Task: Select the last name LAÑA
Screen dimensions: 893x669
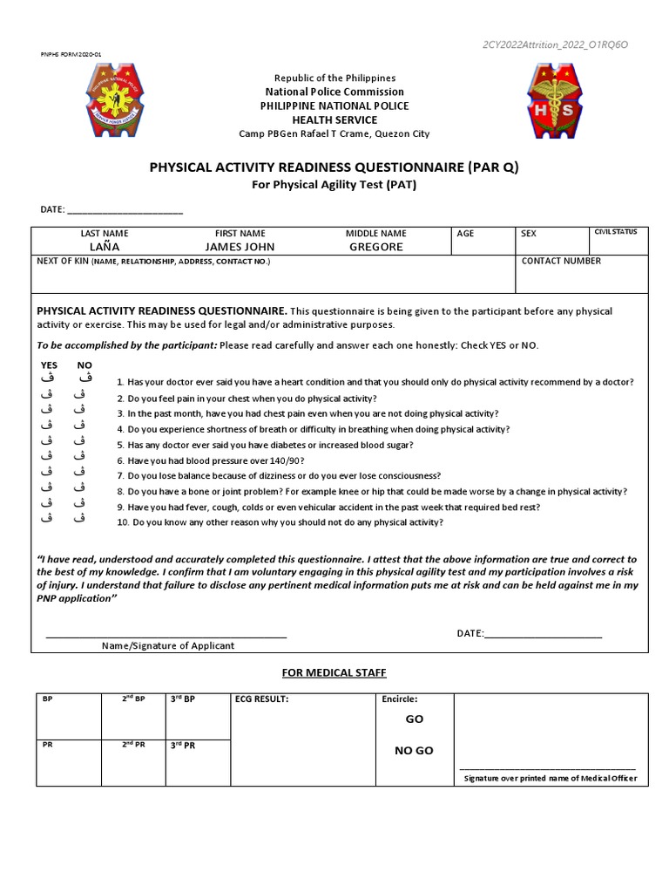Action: point(105,247)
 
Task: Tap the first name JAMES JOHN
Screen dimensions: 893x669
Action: point(240,247)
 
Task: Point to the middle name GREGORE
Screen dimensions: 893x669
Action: point(375,247)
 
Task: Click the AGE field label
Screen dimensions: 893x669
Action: point(465,234)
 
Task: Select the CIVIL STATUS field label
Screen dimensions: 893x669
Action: point(615,232)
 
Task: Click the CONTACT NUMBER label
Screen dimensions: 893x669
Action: point(561,261)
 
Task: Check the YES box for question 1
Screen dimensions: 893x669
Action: point(49,378)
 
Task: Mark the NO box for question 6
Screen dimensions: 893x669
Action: point(79,456)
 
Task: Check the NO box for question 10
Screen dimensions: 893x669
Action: point(79,519)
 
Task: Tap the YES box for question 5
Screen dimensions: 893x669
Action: point(49,441)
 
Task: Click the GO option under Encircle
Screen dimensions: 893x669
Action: point(415,719)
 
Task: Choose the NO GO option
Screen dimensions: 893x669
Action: point(414,751)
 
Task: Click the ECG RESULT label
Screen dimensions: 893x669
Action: point(261,699)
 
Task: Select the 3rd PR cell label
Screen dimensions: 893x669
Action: point(183,746)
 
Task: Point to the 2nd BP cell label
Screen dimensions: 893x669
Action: point(133,699)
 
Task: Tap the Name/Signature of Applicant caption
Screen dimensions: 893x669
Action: point(168,646)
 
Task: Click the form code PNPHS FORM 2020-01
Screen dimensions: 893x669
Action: point(71,54)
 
